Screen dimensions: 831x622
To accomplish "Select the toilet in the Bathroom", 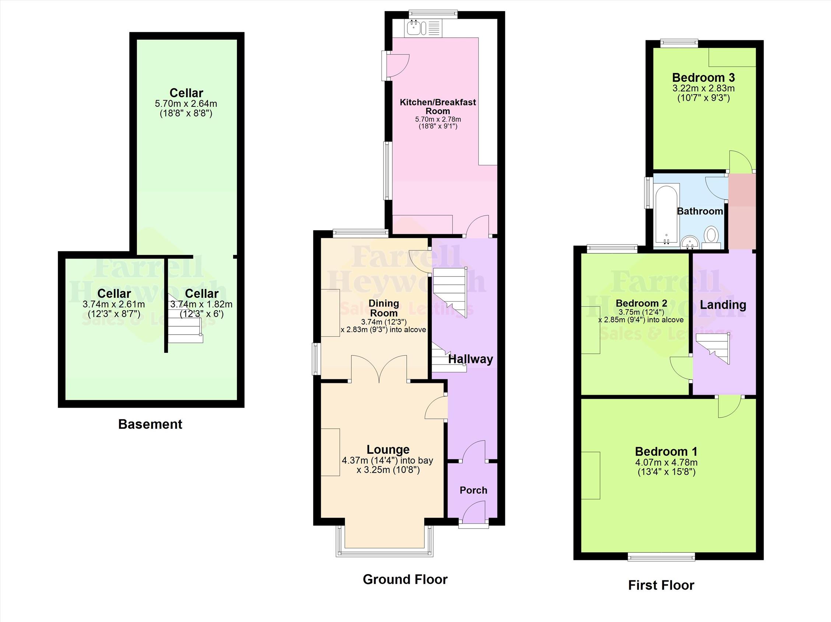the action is pyautogui.click(x=711, y=238).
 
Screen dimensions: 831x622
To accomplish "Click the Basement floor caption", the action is pyautogui.click(x=150, y=424).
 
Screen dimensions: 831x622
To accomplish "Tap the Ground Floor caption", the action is pyautogui.click(x=405, y=579).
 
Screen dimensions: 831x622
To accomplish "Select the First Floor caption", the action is pyautogui.click(x=661, y=585).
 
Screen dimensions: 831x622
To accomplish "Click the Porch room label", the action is pyautogui.click(x=473, y=490).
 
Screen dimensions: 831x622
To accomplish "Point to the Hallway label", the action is pyautogui.click(x=470, y=359).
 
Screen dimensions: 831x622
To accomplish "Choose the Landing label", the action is pyautogui.click(x=723, y=305).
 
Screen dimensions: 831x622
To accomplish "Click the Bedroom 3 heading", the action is pyautogui.click(x=703, y=77).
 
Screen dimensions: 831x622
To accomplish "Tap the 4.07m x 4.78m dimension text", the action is pyautogui.click(x=666, y=463).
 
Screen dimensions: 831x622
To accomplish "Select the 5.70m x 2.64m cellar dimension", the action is pyautogui.click(x=186, y=103).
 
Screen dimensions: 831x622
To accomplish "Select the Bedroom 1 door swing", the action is pyautogui.click(x=729, y=407).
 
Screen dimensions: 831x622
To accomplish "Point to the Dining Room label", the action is pyautogui.click(x=383, y=308).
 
